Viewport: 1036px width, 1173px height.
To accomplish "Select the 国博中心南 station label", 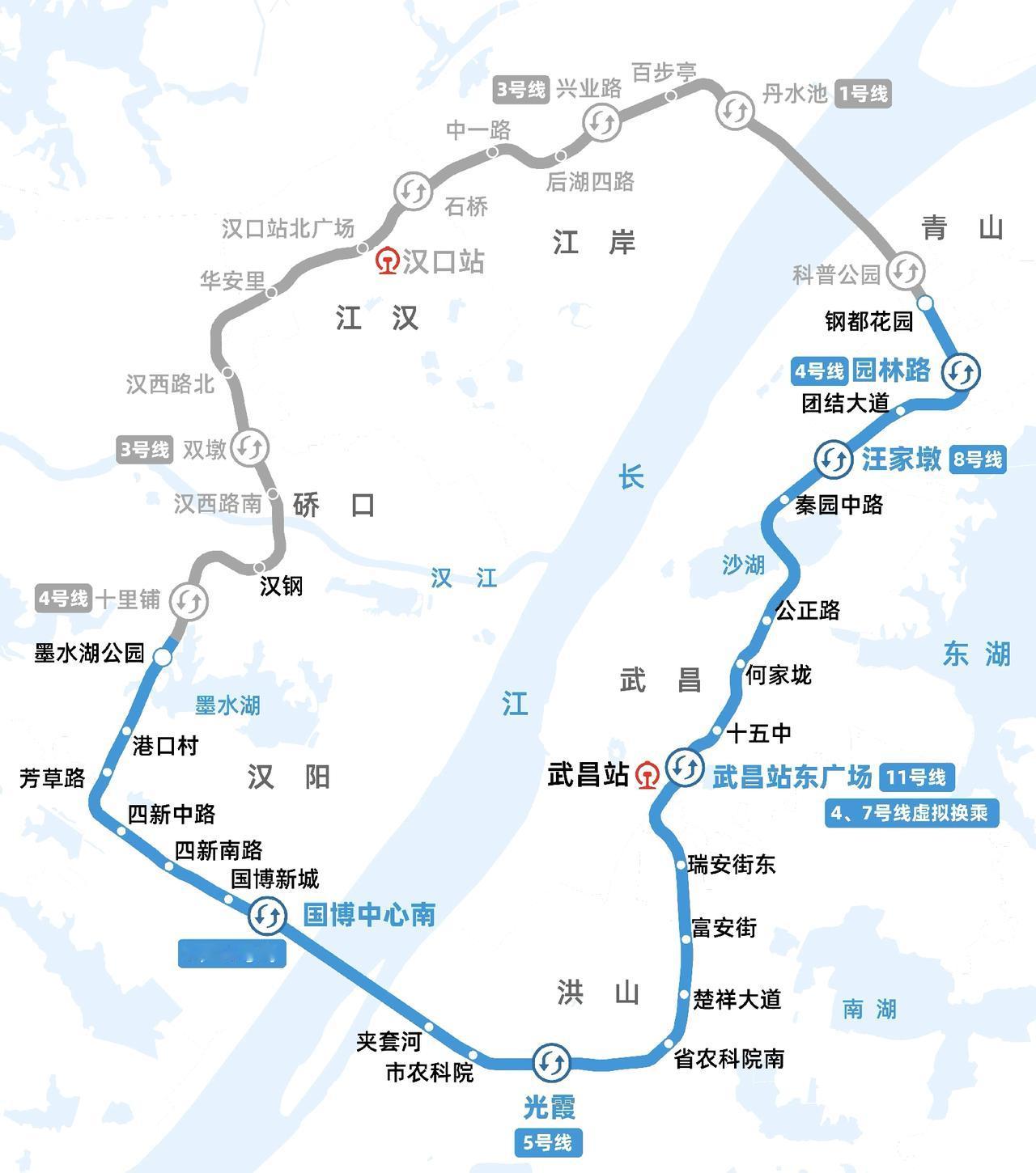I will (369, 915).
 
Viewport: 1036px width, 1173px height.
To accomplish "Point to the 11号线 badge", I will (916, 777).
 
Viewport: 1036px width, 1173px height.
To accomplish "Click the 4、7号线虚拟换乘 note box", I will (910, 813).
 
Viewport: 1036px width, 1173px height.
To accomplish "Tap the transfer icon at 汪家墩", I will (833, 459).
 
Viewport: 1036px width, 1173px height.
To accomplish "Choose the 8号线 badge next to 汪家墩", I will (978, 459).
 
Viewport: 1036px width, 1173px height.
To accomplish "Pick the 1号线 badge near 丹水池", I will (864, 94).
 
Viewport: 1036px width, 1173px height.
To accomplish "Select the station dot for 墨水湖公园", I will (163, 658).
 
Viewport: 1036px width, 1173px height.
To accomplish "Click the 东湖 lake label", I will (976, 654).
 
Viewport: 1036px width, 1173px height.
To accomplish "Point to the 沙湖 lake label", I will (743, 565).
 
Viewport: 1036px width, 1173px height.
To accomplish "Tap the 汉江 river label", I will (464, 578).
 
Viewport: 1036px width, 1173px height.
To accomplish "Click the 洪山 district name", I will (598, 992).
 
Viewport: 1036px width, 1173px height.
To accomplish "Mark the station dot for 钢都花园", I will (925, 303).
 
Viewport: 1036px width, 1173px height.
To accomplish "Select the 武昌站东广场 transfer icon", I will (685, 767).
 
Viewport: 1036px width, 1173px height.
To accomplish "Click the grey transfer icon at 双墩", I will (249, 447).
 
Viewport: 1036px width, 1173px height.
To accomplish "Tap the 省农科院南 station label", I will (729, 1059).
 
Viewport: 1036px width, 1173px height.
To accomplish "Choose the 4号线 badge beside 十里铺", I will (63, 599).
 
